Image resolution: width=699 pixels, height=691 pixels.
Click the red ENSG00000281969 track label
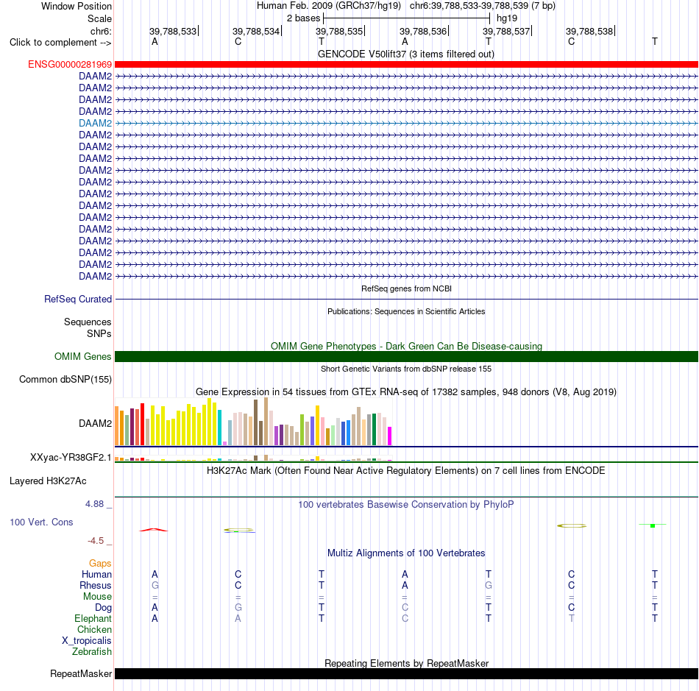pos(70,65)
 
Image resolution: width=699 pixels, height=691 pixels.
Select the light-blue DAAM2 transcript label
pos(96,123)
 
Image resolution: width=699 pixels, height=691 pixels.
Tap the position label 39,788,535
pos(339,31)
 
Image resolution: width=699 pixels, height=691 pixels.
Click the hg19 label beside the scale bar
pos(507,18)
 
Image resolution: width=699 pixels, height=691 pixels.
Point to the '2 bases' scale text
pos(303,18)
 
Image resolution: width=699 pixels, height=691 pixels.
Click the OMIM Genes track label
pos(83,357)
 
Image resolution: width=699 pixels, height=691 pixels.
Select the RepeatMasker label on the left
pos(81,673)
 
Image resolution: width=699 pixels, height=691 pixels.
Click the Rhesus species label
pos(96,585)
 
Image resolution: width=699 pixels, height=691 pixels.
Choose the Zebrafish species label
pos(92,652)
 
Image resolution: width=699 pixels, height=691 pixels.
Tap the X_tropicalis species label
pos(87,641)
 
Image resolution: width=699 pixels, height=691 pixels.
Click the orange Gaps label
pos(100,564)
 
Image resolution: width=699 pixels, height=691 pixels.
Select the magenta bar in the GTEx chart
pos(390,436)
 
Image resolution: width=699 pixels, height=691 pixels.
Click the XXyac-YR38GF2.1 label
pos(71,458)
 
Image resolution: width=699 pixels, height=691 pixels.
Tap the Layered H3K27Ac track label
pos(48,481)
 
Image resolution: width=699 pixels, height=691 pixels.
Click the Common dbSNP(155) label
pos(65,380)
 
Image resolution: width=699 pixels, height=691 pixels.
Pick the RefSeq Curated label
pos(78,299)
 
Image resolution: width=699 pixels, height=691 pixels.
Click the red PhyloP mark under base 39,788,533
pos(154,530)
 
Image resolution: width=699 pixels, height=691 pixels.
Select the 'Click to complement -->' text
pos(60,43)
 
